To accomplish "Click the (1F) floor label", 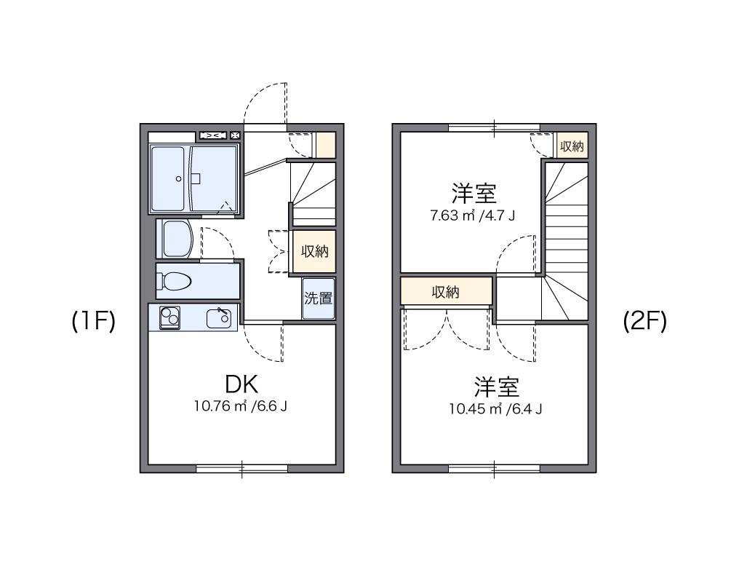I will (x=94, y=321).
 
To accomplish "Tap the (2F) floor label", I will (x=645, y=321).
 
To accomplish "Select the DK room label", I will (x=241, y=384).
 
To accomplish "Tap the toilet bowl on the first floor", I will (x=175, y=281).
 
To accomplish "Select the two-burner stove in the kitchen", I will (x=170, y=317).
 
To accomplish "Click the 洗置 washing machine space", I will (x=319, y=298).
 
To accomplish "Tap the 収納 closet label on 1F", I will (x=315, y=251).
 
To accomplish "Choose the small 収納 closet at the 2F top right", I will (x=572, y=146).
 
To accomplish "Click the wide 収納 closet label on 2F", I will (x=446, y=293).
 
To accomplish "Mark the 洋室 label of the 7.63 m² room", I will (x=474, y=194).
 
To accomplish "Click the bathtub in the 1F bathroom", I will (x=169, y=179).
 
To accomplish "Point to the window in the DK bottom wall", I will (x=242, y=469).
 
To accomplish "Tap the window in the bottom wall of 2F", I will (x=494, y=469).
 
